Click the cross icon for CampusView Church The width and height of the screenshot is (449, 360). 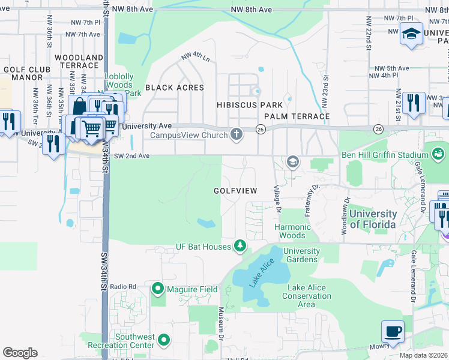tap(237, 134)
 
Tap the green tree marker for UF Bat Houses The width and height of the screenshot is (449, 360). tap(240, 246)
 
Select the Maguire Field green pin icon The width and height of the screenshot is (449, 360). tap(158, 289)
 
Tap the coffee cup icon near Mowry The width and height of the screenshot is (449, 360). tap(393, 332)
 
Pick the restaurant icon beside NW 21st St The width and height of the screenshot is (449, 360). tap(414, 103)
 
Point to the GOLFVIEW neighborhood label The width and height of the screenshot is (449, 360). tap(235, 191)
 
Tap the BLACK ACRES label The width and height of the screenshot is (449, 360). tap(174, 88)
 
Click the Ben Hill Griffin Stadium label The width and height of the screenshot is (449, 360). tap(375, 156)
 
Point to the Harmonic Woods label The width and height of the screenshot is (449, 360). tap(292, 231)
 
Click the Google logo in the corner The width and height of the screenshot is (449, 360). tap(20, 353)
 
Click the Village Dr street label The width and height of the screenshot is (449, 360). tap(277, 199)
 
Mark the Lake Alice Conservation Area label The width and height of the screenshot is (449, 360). tap(306, 296)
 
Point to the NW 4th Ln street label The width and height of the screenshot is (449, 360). tap(196, 58)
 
